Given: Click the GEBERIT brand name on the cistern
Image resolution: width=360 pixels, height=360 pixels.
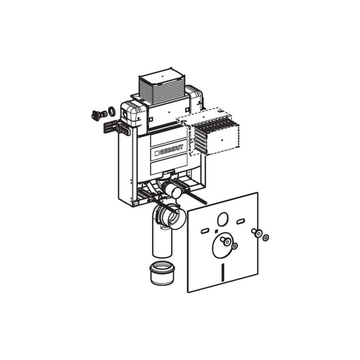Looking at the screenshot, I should point(169,150).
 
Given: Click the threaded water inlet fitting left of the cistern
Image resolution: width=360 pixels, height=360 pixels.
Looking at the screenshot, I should point(96,115).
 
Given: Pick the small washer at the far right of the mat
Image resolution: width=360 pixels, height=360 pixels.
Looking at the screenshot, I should point(266,237).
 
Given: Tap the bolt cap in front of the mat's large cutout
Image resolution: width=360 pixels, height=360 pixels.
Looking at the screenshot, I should point(225,240).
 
